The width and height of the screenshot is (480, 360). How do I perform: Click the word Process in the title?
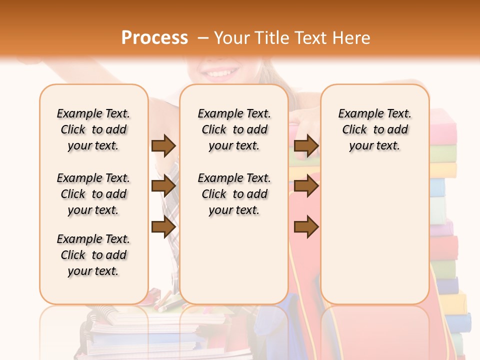click(154, 37)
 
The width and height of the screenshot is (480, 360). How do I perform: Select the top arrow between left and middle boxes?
click(163, 145)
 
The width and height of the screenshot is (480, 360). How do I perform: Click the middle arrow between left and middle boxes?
click(163, 186)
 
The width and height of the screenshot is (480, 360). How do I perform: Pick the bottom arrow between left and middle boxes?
click(163, 227)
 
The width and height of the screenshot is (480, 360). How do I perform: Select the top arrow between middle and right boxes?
click(306, 145)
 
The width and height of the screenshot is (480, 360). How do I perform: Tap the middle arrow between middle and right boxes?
click(306, 186)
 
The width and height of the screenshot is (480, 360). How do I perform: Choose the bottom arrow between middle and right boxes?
click(306, 227)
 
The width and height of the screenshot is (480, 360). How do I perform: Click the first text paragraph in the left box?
click(93, 129)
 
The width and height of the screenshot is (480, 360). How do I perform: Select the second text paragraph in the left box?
click(93, 194)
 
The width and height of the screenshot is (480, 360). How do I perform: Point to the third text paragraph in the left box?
click(93, 255)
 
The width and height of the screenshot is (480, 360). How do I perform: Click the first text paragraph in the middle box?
click(234, 129)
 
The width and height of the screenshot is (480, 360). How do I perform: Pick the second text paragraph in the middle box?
click(234, 194)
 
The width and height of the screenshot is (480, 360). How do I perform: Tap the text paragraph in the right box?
click(374, 129)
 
